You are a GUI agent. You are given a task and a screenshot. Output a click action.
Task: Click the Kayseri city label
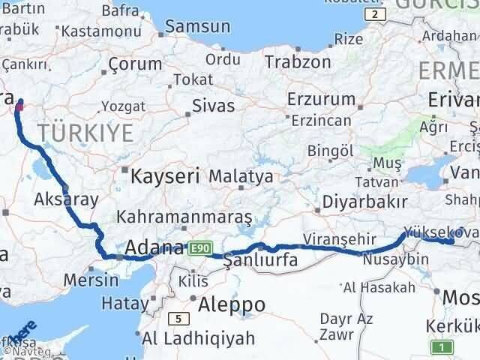point(164,177)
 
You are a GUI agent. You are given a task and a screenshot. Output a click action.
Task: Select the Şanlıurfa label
point(261,261)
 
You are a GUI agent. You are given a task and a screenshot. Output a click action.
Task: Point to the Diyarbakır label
point(364,202)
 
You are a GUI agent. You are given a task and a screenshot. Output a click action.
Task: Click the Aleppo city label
point(232,304)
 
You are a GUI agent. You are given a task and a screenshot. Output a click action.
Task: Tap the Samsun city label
point(197,27)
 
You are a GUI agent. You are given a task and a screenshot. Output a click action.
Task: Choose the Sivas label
point(213,106)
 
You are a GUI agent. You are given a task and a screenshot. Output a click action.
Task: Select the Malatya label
point(241,177)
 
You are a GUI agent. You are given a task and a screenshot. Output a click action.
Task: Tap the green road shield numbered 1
point(443,346)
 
